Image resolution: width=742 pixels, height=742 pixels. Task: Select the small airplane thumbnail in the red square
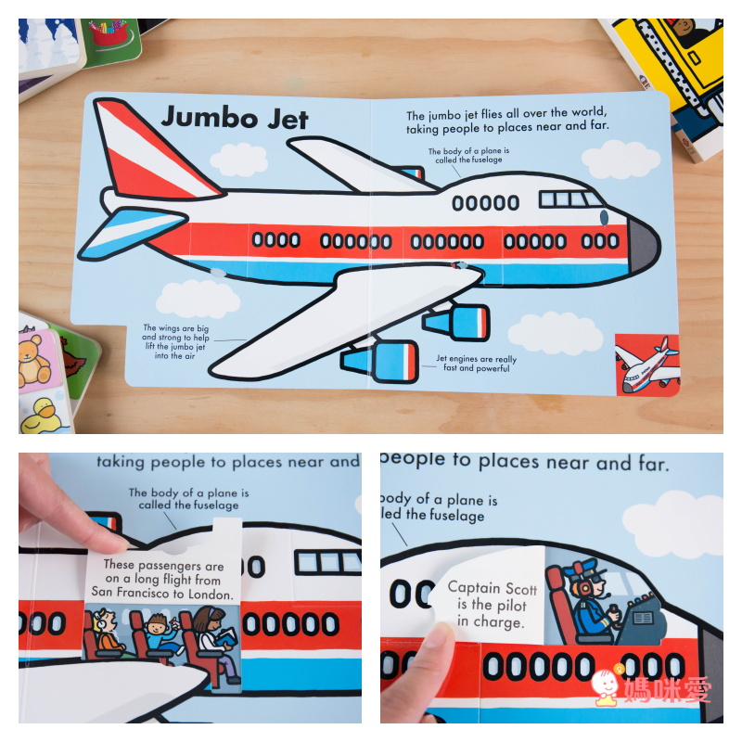click(x=646, y=365)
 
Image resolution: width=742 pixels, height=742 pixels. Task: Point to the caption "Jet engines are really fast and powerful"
click(x=476, y=364)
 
